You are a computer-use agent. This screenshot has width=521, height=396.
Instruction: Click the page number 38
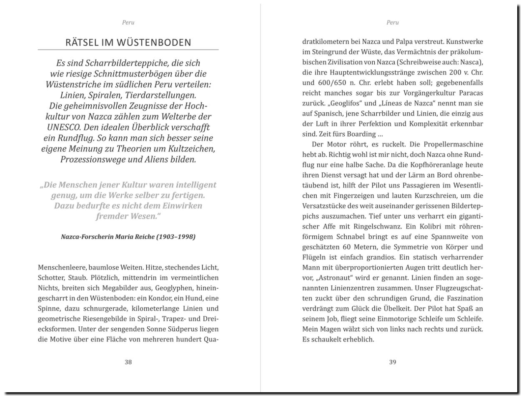coord(128,362)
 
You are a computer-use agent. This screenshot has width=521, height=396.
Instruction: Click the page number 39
coord(393,362)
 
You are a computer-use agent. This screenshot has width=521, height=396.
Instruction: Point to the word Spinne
coord(49,309)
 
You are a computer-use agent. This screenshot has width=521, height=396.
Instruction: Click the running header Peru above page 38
coord(128,23)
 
